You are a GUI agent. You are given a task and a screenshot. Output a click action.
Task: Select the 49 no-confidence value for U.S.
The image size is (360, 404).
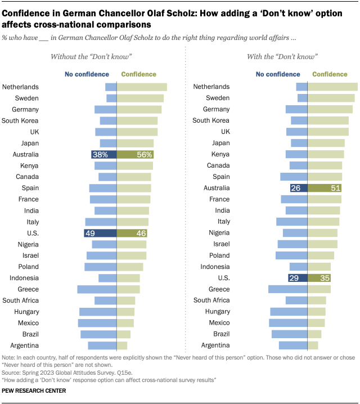tap(90, 233)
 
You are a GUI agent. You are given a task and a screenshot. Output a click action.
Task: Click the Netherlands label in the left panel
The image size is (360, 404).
tap(20, 87)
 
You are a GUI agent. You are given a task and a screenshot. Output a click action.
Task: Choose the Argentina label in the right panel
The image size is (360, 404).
tap(211, 345)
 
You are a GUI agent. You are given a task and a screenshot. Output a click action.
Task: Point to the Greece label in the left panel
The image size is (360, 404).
tap(29, 289)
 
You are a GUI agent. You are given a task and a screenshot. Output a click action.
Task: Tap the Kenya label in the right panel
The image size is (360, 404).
tap(220, 154)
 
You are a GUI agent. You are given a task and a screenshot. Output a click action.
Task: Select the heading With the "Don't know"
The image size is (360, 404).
tap(282, 57)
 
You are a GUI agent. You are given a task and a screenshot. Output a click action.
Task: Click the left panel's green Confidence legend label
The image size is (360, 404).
tap(138, 74)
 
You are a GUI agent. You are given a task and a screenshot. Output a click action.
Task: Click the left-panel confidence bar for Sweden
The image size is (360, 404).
tap(140, 98)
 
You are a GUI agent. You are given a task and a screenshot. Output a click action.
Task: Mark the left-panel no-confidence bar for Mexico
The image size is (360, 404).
tap(97, 323)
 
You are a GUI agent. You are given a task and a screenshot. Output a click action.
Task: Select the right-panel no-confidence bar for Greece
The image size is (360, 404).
tap(288, 289)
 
